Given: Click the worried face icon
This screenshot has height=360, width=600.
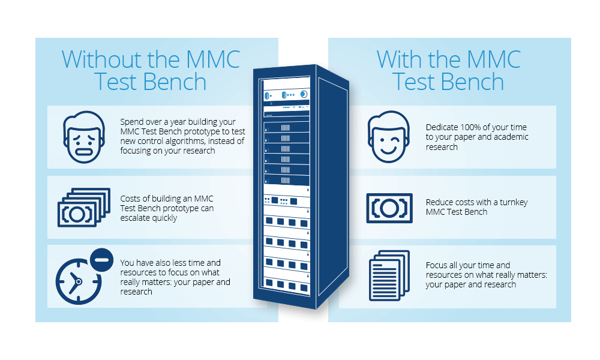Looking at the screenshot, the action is (84, 137).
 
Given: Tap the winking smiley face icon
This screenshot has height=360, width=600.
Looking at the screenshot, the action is (388, 137).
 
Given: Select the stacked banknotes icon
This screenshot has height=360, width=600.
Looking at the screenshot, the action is (84, 208).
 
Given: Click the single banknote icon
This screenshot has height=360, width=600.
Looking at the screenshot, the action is (389, 208).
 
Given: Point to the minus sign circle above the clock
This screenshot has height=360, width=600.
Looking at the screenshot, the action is (101, 260).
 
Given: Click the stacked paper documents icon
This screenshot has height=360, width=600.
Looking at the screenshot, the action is (389, 275).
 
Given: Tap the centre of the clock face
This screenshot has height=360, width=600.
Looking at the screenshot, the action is (79, 281).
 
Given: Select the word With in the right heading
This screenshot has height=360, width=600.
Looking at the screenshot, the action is (400, 59).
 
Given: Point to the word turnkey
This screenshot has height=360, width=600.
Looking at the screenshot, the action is (514, 202).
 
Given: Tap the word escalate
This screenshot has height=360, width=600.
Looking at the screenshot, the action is (134, 218).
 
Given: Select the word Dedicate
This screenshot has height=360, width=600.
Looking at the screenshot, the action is (442, 127).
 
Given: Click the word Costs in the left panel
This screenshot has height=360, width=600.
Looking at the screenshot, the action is (130, 199).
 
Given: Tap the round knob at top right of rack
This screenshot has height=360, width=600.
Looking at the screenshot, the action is (304, 94).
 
